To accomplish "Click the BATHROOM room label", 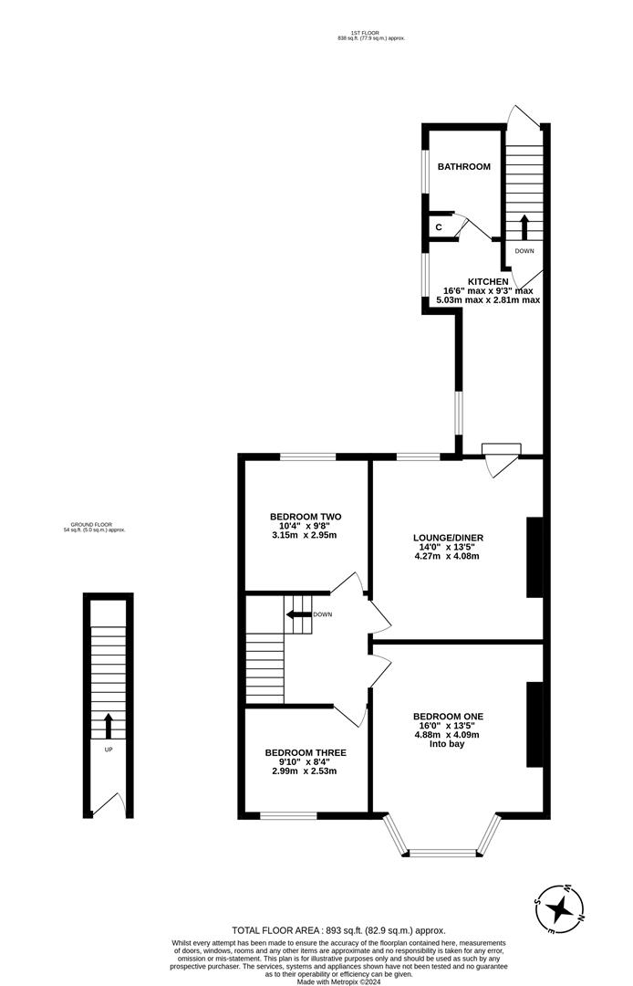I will (463, 167).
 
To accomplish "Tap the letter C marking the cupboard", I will (439, 226).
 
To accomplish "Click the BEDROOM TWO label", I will (305, 517).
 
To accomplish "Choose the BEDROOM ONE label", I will (447, 716).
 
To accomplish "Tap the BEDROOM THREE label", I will (305, 753).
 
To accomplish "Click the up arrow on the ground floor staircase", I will (109, 726).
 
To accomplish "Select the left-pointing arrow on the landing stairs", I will (296, 614).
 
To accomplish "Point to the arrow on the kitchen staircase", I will (524, 226).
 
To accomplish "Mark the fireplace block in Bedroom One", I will (534, 724).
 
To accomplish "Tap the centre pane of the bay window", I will (443, 854).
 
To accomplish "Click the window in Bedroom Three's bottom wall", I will (288, 813).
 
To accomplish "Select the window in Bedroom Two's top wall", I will (307, 456).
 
